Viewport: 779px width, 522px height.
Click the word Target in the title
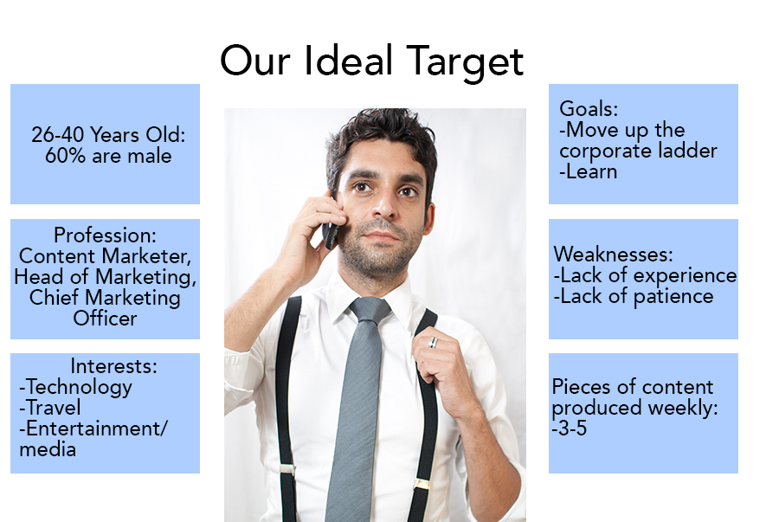point(465,61)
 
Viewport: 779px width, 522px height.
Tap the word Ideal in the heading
point(348,60)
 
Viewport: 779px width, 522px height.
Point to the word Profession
point(105,235)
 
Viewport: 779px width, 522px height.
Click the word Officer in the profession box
point(105,319)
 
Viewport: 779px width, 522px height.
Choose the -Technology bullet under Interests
point(75,388)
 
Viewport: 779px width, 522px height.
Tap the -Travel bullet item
point(49,408)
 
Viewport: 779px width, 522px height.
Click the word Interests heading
point(113,366)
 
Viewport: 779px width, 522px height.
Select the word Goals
point(589,109)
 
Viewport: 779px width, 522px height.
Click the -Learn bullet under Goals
point(589,172)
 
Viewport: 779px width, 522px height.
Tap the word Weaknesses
point(614,255)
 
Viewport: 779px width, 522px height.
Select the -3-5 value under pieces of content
point(570,429)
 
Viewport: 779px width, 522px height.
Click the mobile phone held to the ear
point(331,230)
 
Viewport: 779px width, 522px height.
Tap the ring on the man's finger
point(433,342)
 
